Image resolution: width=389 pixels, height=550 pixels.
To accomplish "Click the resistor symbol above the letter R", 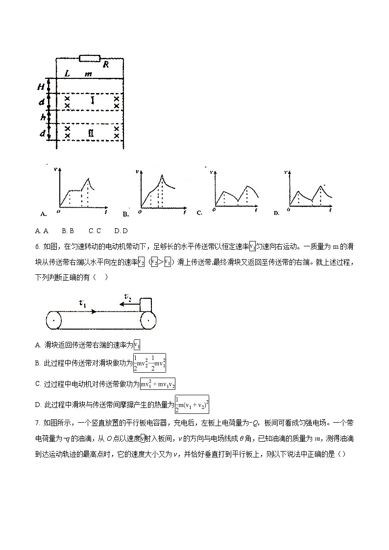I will coord(89,58).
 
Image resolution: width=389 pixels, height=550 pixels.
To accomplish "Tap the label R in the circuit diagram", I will coord(105,64).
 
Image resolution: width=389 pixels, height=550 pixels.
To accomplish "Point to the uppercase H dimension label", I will coord(42,87).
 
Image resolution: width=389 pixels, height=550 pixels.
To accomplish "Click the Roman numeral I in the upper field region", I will coord(92,101).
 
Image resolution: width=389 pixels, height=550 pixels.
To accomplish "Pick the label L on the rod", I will coord(67,73).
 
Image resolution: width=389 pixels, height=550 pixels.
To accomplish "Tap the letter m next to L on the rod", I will coord(88,73).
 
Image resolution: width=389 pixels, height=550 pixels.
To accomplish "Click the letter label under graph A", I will coord(43,214).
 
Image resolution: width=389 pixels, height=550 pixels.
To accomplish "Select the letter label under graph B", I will coord(125,214).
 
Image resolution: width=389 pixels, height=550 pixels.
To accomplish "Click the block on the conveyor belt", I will coord(146,305).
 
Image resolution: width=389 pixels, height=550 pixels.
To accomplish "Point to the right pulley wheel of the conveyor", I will coord(148,321).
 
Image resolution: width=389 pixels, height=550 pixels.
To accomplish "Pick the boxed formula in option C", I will coord(158,384).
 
